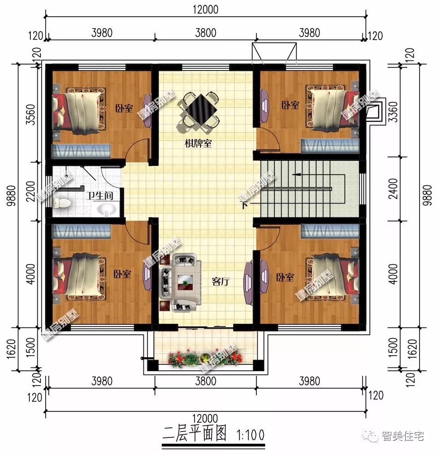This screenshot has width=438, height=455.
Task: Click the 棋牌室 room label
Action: [198, 143]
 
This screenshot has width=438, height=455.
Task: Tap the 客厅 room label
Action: [220, 281]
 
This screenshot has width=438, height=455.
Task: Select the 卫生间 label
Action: [100, 196]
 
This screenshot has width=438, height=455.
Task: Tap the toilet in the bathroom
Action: [60, 203]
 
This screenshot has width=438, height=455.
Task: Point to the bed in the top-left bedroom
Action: [78, 108]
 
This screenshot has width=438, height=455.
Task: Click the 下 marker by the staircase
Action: [243, 204]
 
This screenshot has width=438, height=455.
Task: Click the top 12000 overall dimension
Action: [203, 9]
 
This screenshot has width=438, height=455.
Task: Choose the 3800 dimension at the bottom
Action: [205, 381]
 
